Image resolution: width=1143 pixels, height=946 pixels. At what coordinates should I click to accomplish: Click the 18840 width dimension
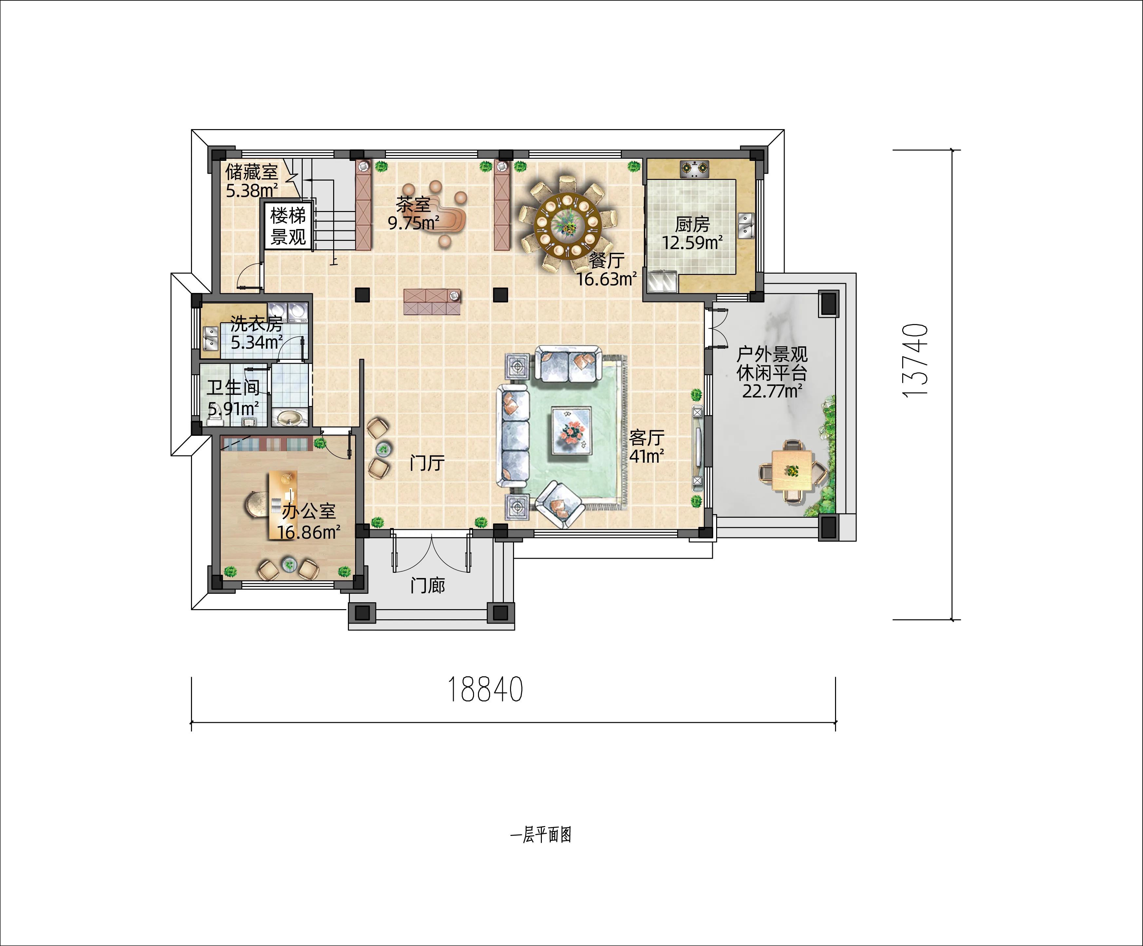[485, 690]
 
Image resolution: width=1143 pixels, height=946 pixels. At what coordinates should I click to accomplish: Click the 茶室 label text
[413, 205]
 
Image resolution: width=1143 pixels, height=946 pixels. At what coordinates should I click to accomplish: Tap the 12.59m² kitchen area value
[692, 242]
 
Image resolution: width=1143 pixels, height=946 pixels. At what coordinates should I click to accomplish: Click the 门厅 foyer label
[427, 463]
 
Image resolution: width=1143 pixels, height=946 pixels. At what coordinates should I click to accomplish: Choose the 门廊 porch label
[428, 586]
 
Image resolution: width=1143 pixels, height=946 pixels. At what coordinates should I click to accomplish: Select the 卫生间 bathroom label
[233, 388]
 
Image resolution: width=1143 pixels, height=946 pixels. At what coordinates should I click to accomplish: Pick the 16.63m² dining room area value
[607, 279]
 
